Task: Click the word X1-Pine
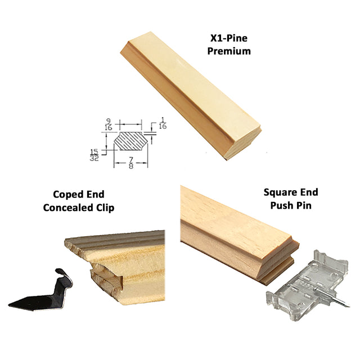point(229,38)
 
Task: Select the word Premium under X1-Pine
point(229,51)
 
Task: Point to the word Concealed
point(65,208)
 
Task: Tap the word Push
point(281,205)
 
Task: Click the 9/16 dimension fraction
point(108,124)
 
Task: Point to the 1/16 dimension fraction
point(163,123)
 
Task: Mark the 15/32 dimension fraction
point(94,155)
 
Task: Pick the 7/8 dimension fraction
point(131,163)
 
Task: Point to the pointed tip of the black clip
point(9,305)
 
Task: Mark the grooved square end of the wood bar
point(278,262)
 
